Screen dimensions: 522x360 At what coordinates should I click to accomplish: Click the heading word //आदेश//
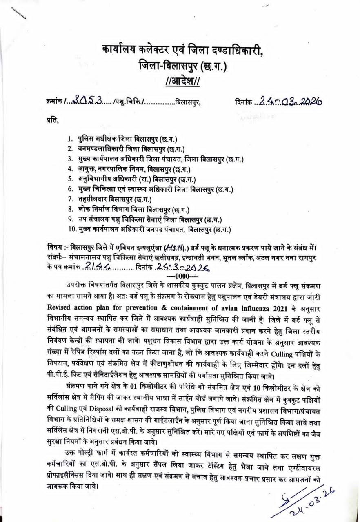[183, 80]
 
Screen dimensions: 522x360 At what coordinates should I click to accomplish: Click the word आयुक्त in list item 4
[89, 169]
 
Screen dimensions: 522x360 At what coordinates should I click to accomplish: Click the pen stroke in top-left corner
[19, 12]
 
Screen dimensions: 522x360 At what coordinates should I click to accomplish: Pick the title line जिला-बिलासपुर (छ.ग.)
[183, 65]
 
